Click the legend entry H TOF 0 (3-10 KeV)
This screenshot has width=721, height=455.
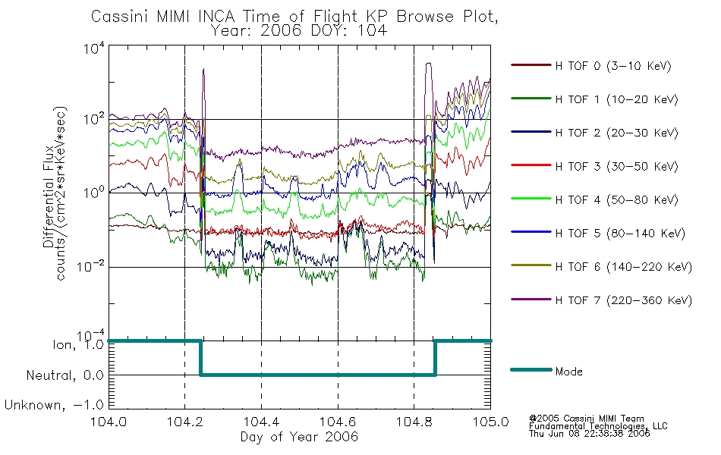point(613,66)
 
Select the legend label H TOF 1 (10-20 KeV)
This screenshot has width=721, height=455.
point(616,100)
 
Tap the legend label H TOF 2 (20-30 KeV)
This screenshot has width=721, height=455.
point(616,133)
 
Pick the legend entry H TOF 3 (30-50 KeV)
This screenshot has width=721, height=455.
point(616,167)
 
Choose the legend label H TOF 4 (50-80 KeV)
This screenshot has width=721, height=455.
point(616,200)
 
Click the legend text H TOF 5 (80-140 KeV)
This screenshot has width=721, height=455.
point(620,234)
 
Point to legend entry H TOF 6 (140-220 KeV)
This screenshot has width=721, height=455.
point(623,268)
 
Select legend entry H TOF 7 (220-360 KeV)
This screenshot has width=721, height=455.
point(623,301)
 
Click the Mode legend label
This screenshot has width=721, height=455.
point(568,372)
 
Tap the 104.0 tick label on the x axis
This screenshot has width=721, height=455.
point(109,422)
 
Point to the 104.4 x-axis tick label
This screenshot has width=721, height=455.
point(261,422)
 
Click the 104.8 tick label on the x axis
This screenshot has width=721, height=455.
point(414,422)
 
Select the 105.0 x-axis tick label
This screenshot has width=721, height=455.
point(490,422)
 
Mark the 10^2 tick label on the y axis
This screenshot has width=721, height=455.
point(94,119)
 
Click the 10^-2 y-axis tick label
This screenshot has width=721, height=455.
point(91,266)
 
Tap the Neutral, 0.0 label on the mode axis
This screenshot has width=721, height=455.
point(65,376)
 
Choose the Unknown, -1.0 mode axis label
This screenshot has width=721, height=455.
point(55,406)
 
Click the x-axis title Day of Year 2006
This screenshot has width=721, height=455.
point(299,437)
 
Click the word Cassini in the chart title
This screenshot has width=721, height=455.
point(121,17)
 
